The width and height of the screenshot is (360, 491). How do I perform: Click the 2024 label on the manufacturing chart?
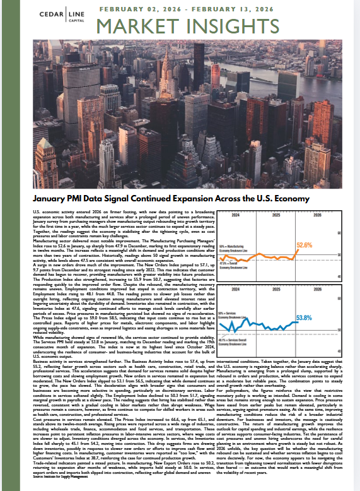[235, 215]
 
